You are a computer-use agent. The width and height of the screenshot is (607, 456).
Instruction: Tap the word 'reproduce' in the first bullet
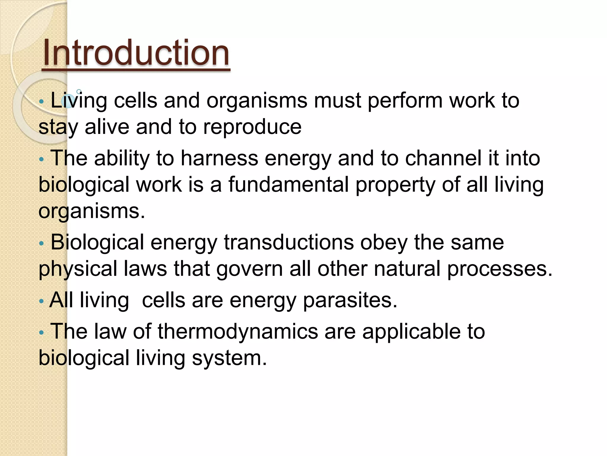point(252,127)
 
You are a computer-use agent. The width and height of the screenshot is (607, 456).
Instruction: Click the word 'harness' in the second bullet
point(219,158)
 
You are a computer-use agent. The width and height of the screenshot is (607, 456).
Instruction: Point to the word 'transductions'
point(289,242)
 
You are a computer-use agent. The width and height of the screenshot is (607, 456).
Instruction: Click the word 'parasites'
point(349,300)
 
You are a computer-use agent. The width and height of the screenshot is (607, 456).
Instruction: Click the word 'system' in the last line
point(229,358)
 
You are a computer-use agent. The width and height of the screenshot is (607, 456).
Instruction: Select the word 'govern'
point(250,269)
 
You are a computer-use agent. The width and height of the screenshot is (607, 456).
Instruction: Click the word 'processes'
point(499,269)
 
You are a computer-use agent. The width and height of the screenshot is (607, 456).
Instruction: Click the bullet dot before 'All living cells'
point(41,302)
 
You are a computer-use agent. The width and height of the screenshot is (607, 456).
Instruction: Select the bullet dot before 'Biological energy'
point(41,244)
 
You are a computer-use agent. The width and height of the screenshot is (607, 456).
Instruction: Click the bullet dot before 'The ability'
point(41,159)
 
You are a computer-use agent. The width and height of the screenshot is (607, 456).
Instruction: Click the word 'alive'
point(107,127)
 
